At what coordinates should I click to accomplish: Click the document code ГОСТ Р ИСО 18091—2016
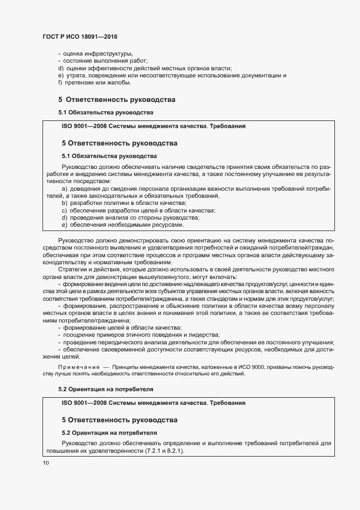point(80,37)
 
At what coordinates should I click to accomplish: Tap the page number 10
point(45,463)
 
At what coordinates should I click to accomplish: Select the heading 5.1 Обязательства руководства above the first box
point(106,112)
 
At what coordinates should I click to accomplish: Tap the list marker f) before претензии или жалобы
point(60,83)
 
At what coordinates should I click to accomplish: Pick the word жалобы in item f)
point(119,83)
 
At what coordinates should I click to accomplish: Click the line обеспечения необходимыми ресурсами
point(126,225)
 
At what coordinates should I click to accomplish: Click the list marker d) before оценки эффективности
point(60,68)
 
